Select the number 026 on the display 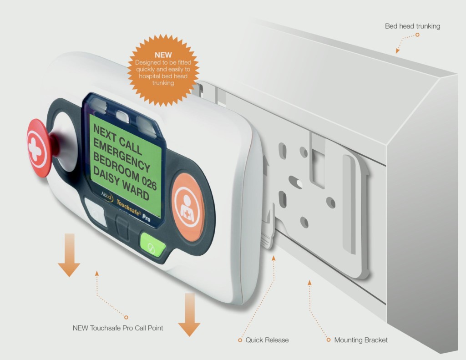[x=149, y=182]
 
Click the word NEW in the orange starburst [x=163, y=55]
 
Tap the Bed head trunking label [x=412, y=26]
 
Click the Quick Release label [x=267, y=340]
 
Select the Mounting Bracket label [x=361, y=340]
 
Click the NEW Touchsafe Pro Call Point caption [x=118, y=328]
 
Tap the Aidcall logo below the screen [x=106, y=196]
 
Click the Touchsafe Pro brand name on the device [x=133, y=210]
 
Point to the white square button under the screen [x=96, y=212]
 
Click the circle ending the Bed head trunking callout [x=417, y=35]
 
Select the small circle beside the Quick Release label [x=240, y=340]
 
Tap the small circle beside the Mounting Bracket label [x=329, y=340]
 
